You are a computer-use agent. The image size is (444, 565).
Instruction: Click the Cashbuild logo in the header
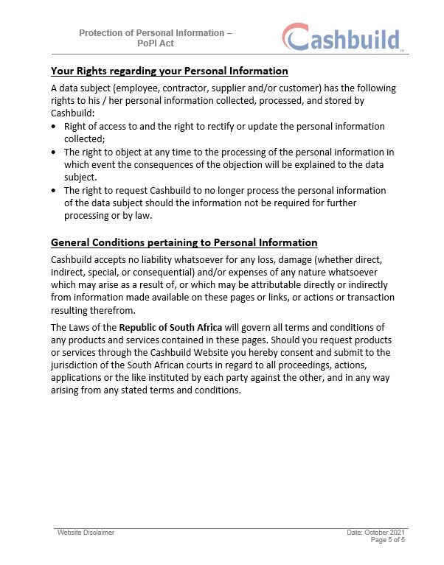pos(341,38)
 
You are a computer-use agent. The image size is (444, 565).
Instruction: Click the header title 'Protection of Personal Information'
pos(155,33)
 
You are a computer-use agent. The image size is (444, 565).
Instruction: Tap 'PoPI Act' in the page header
pos(155,43)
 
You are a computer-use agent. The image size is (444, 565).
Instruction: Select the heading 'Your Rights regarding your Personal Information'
pos(169,71)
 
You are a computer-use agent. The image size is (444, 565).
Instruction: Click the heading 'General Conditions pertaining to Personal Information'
pos(184,242)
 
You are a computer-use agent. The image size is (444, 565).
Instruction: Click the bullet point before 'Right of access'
pos(55,127)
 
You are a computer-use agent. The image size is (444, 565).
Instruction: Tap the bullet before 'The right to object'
pos(55,152)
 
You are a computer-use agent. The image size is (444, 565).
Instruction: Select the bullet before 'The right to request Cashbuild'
pos(55,190)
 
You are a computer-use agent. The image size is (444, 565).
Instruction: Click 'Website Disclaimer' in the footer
pos(86,532)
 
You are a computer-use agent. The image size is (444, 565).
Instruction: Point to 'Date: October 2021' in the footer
pos(376,532)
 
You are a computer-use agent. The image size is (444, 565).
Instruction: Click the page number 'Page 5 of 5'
pos(387,540)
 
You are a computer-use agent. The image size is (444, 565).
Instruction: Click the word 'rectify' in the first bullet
pos(232,127)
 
